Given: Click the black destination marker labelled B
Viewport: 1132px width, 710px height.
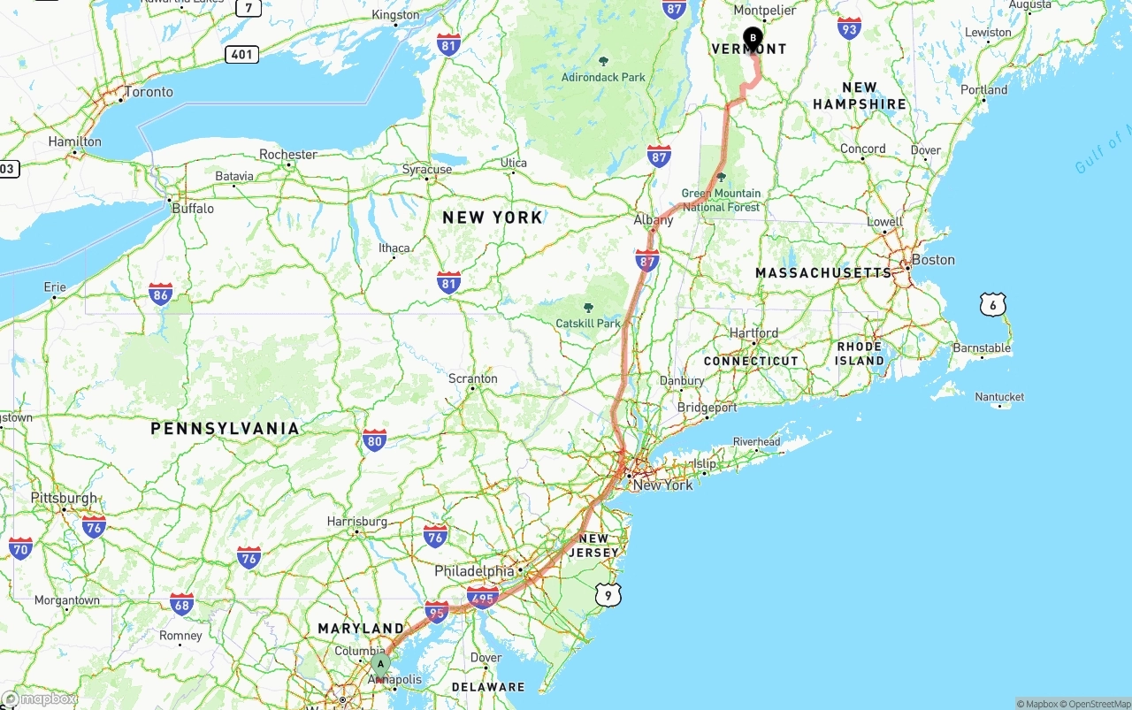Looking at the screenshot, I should pyautogui.click(x=753, y=38).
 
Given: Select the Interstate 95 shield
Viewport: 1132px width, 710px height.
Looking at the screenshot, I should pyautogui.click(x=436, y=611).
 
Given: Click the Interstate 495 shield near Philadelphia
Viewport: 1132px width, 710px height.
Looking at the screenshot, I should pyautogui.click(x=483, y=598).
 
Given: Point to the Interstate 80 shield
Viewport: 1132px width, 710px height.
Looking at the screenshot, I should pyautogui.click(x=374, y=439).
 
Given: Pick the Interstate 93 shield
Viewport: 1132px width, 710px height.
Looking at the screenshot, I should pyautogui.click(x=849, y=27).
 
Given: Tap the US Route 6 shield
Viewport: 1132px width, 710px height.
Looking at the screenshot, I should pyautogui.click(x=993, y=305).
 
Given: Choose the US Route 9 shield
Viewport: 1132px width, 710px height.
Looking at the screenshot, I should pyautogui.click(x=608, y=595).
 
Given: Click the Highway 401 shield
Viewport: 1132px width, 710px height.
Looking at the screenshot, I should pyautogui.click(x=241, y=54).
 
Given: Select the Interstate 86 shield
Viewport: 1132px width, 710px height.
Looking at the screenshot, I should pyautogui.click(x=160, y=294).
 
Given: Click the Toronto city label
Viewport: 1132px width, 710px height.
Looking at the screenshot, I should pyautogui.click(x=149, y=92).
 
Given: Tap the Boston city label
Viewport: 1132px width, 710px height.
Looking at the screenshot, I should pyautogui.click(x=933, y=260).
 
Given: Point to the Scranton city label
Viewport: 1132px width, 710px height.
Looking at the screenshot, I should pyautogui.click(x=472, y=378).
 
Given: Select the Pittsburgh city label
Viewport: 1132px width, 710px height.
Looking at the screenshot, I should pyautogui.click(x=64, y=498).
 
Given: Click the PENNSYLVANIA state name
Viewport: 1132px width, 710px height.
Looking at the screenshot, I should pyautogui.click(x=225, y=429).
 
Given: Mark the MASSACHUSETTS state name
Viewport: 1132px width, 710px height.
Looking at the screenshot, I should pyautogui.click(x=823, y=273).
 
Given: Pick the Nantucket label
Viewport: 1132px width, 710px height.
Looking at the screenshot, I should pyautogui.click(x=999, y=397).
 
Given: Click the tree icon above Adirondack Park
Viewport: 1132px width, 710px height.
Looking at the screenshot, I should pyautogui.click(x=604, y=61).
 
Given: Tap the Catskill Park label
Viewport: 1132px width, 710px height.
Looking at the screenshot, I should pyautogui.click(x=588, y=324).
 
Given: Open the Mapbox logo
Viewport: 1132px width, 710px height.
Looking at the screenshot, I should pyautogui.click(x=40, y=699).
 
